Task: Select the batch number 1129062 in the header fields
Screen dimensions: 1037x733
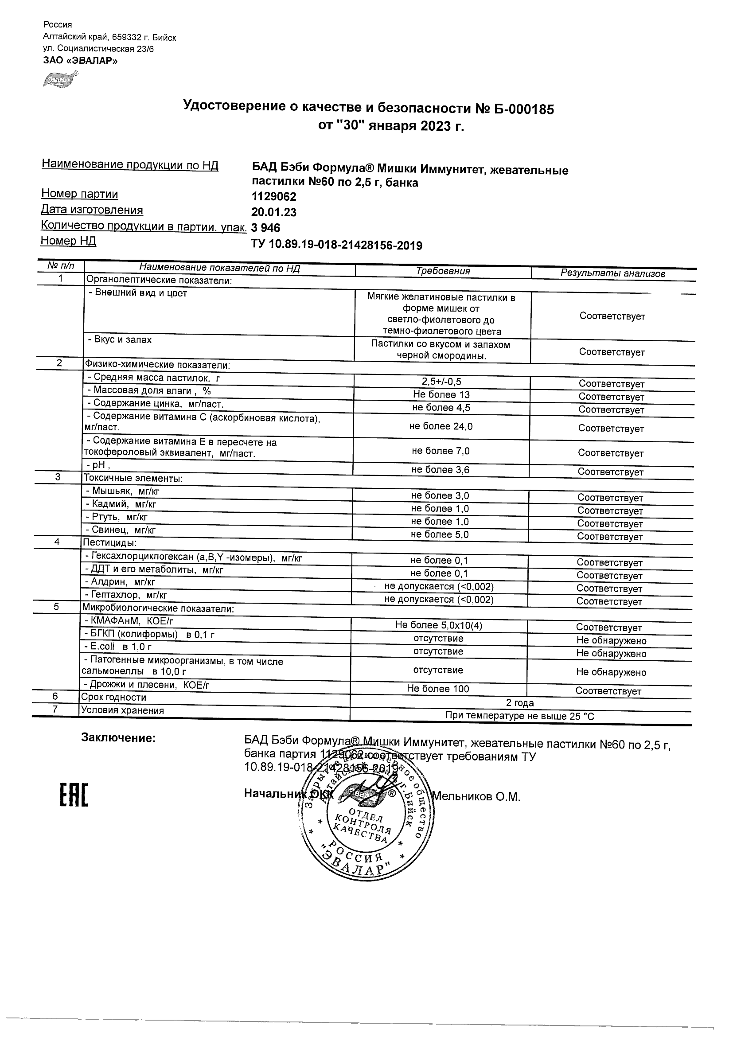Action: [x=274, y=197]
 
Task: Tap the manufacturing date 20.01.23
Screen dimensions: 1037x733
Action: [x=274, y=212]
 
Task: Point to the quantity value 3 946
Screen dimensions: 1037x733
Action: [x=265, y=228]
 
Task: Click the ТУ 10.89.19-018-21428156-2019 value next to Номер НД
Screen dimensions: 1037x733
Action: [x=336, y=245]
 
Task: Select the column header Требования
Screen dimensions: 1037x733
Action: [x=443, y=271]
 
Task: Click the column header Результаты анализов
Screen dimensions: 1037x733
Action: [x=612, y=273]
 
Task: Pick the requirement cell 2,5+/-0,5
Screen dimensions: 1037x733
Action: [x=441, y=382]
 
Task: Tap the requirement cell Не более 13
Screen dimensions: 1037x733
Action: [x=441, y=394]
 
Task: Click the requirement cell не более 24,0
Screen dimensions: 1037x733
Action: [x=441, y=426]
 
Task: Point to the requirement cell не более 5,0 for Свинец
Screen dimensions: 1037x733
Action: [x=440, y=534]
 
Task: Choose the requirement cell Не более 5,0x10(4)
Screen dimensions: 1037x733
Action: [x=439, y=625]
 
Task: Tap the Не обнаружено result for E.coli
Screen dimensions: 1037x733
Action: [x=611, y=653]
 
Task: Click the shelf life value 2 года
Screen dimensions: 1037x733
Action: [x=520, y=703]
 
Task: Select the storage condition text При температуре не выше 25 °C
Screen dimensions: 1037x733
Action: [x=520, y=716]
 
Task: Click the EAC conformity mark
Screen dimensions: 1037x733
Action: [x=74, y=795]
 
